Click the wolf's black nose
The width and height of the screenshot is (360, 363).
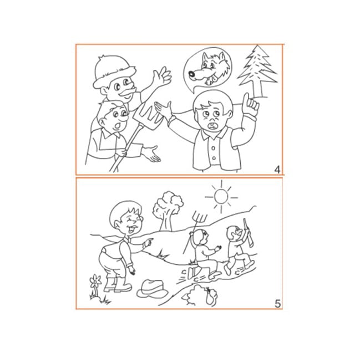tap(192, 74)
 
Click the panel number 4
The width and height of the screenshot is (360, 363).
tap(277, 170)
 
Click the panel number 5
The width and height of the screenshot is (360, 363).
tap(278, 304)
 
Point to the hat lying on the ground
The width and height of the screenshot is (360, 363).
tap(152, 288)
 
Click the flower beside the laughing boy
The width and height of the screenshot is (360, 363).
tap(95, 281)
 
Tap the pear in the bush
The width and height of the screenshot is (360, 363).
tap(210, 296)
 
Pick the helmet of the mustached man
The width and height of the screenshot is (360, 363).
tap(113, 71)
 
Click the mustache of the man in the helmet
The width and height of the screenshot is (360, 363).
tap(127, 92)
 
